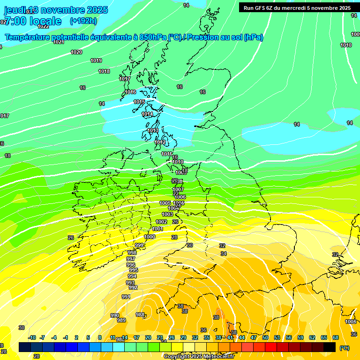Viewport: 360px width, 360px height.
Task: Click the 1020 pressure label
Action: click(x=76, y=52)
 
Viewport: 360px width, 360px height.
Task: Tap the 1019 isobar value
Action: click(x=96, y=60)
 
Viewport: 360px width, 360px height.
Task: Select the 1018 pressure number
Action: click(x=104, y=71)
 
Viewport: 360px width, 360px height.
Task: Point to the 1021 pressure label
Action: click(x=58, y=42)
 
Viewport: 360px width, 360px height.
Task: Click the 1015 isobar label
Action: click(x=139, y=102)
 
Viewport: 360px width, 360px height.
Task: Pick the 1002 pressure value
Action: click(x=161, y=222)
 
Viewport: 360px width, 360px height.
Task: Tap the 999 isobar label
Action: click(x=139, y=246)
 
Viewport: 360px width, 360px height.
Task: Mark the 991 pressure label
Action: click(x=126, y=297)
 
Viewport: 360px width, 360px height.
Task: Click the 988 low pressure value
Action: click(x=140, y=315)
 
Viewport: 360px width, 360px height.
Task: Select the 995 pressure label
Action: click(x=134, y=270)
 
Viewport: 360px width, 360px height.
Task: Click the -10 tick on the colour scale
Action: click(x=32, y=337)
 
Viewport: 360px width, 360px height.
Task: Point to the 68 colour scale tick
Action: click(x=336, y=337)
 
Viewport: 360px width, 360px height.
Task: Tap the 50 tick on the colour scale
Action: click(x=265, y=337)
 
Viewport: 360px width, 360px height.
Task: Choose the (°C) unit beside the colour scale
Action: click(x=345, y=348)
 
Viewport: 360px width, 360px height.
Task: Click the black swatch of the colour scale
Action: click(x=330, y=347)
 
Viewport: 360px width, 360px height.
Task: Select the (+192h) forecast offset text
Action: click(x=83, y=21)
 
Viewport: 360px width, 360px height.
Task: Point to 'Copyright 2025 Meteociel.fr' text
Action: click(x=199, y=357)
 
